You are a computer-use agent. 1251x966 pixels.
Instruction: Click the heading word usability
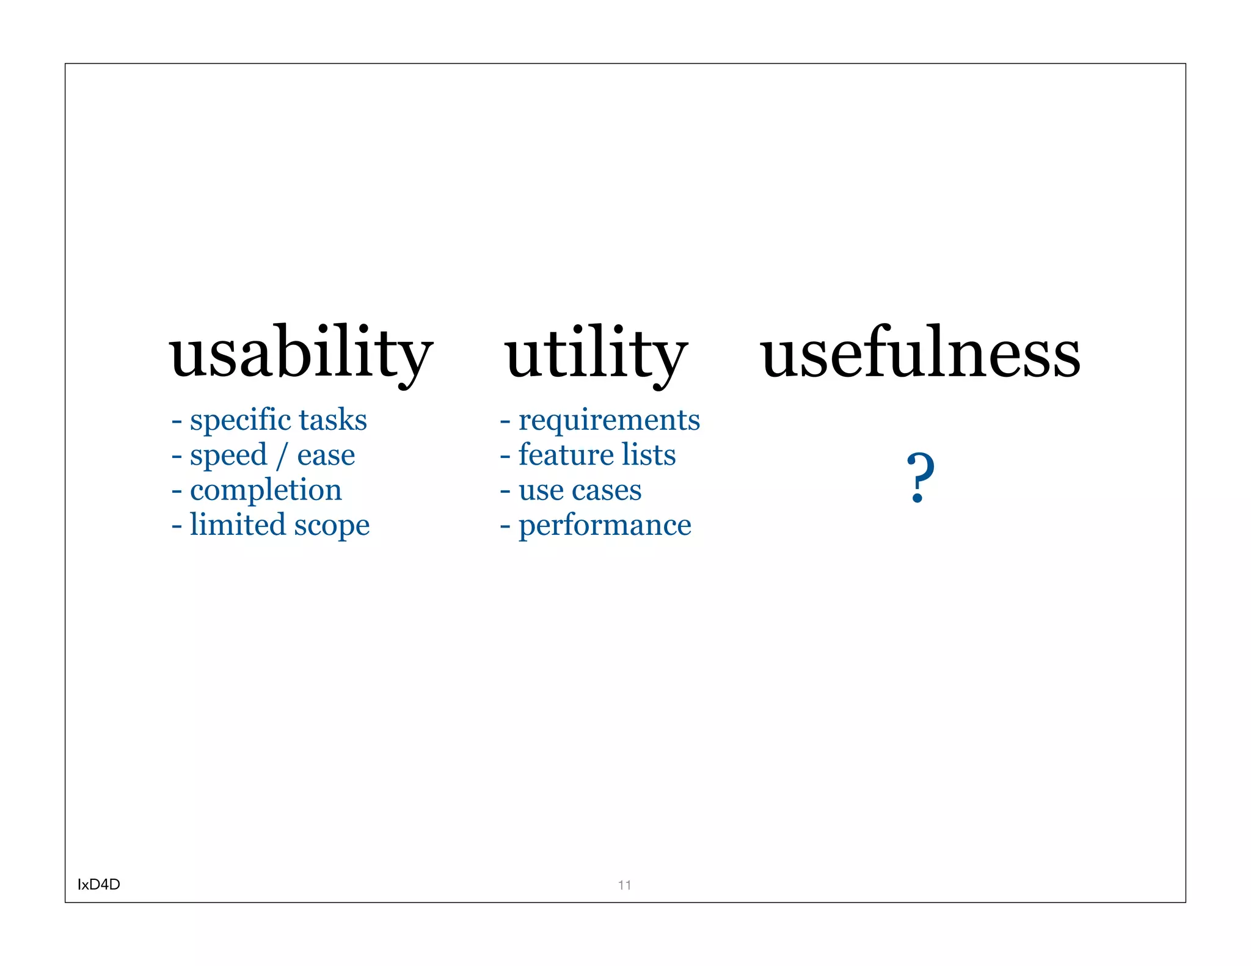[301, 354]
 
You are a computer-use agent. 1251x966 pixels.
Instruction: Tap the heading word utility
[596, 354]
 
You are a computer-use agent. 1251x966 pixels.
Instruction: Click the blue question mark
[921, 478]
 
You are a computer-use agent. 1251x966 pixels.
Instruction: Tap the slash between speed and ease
[282, 457]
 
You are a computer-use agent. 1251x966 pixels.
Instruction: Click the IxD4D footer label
[99, 884]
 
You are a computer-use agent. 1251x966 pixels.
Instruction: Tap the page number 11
[624, 885]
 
